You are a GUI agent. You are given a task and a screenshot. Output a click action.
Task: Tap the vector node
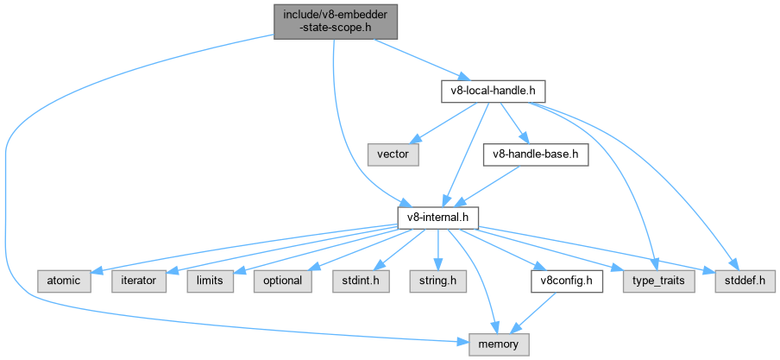pyautogui.click(x=393, y=155)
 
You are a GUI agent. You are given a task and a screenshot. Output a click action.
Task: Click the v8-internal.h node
pyautogui.click(x=437, y=217)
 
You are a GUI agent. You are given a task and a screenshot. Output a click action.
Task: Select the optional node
pyautogui.click(x=278, y=281)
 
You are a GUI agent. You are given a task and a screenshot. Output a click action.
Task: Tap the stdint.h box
pyautogui.click(x=355, y=281)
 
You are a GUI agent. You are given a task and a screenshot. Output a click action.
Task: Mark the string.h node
pyautogui.click(x=437, y=281)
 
